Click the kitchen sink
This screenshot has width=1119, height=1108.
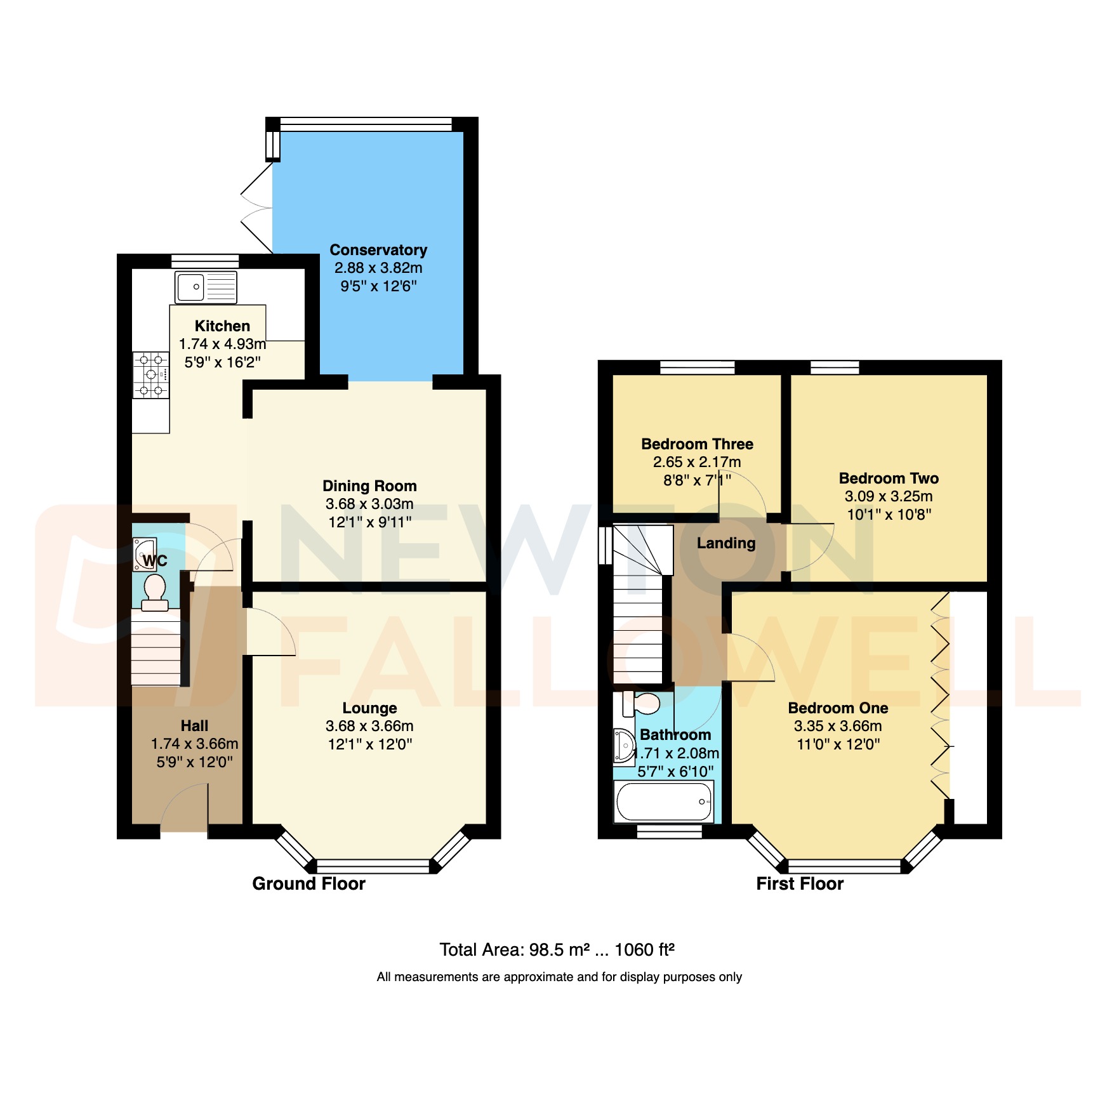(x=206, y=287)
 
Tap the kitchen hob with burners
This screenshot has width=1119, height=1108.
(x=151, y=374)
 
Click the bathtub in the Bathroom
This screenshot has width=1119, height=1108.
(x=664, y=801)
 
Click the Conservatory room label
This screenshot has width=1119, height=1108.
(x=378, y=250)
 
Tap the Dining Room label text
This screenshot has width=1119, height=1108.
(x=369, y=486)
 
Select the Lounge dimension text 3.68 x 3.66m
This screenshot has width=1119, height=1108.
(x=369, y=726)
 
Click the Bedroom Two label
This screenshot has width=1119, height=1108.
(x=888, y=478)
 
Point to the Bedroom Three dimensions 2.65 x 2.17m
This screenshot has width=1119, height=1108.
(x=696, y=462)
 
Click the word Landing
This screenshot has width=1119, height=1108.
(x=726, y=543)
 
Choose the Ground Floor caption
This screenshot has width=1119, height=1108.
(x=308, y=884)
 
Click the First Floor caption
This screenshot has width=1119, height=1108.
(x=799, y=884)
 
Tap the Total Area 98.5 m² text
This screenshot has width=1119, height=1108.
(x=556, y=950)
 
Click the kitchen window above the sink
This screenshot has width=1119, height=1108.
(x=205, y=261)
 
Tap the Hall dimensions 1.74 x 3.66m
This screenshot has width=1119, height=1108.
(x=194, y=744)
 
